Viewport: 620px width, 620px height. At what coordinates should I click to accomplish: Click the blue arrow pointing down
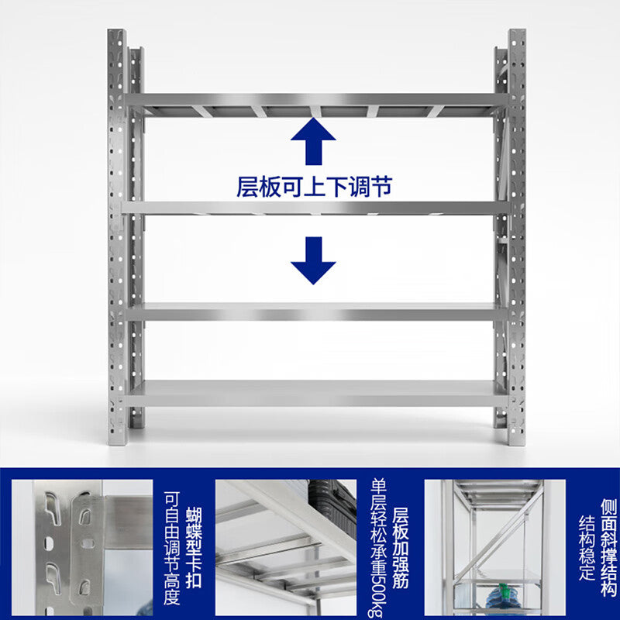[x=313, y=260]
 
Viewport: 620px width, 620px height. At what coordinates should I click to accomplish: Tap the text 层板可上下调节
[x=314, y=187]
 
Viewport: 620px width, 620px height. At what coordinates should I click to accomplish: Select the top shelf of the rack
[x=314, y=100]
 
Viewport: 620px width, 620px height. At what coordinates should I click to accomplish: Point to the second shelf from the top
[x=314, y=208]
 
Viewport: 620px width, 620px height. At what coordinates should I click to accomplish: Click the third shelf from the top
[x=314, y=312]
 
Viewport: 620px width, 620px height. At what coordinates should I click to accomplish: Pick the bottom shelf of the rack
[x=314, y=393]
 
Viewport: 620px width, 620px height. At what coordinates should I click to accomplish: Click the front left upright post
[x=117, y=232]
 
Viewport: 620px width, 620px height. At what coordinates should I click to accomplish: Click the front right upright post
[x=517, y=232]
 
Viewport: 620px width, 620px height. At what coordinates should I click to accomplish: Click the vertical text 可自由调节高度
[x=171, y=547]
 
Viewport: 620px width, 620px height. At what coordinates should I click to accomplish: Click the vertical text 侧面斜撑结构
[x=608, y=542]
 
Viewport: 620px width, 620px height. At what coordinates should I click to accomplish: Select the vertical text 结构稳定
[x=587, y=546]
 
